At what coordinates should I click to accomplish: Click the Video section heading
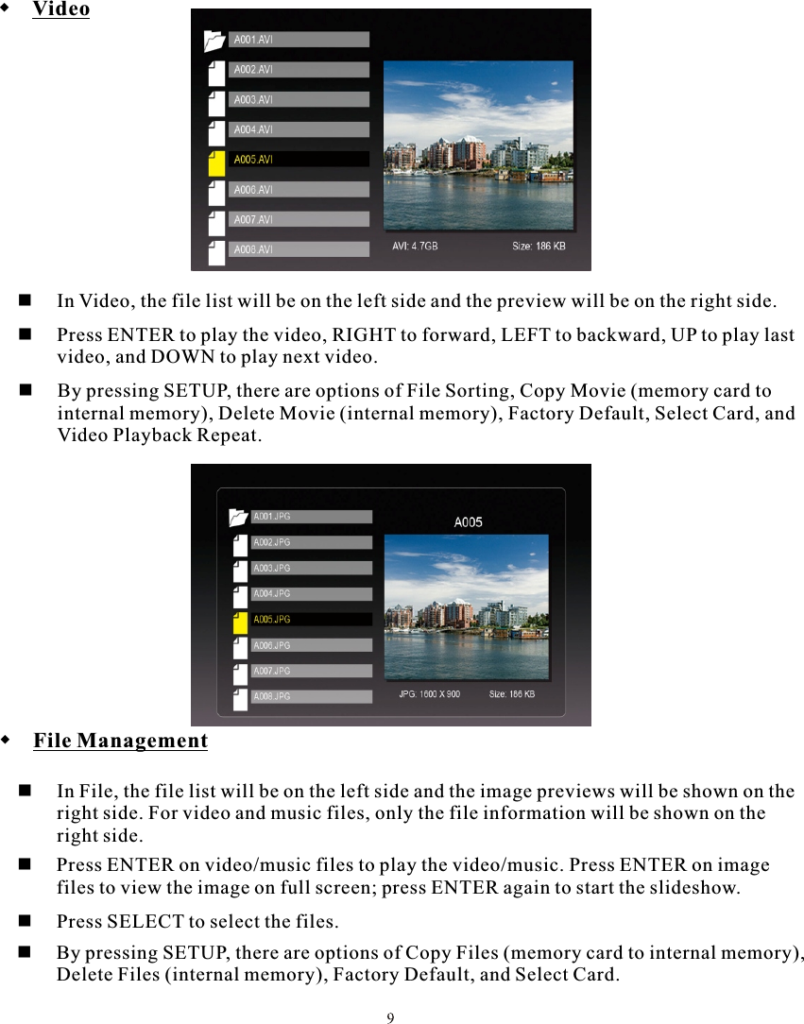(x=60, y=10)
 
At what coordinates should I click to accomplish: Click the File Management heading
(x=120, y=741)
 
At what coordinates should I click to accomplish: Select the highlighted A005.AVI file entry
(x=299, y=160)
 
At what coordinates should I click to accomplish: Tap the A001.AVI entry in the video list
(x=299, y=40)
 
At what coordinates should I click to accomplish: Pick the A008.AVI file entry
(x=299, y=249)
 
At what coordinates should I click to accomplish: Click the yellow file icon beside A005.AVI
(x=216, y=162)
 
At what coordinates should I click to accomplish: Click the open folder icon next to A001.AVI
(x=214, y=40)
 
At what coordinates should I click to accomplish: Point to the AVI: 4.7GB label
(x=415, y=247)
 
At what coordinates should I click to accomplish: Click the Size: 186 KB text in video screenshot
(x=539, y=247)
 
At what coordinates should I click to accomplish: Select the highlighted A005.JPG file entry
(x=311, y=620)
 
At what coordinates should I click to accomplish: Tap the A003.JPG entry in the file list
(x=311, y=569)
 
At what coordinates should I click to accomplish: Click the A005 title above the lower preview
(x=468, y=521)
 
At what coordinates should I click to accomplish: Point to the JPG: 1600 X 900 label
(x=429, y=694)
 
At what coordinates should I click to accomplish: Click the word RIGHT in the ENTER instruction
(x=365, y=336)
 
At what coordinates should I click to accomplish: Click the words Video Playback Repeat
(x=158, y=435)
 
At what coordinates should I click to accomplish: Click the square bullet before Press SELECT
(x=26, y=920)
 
